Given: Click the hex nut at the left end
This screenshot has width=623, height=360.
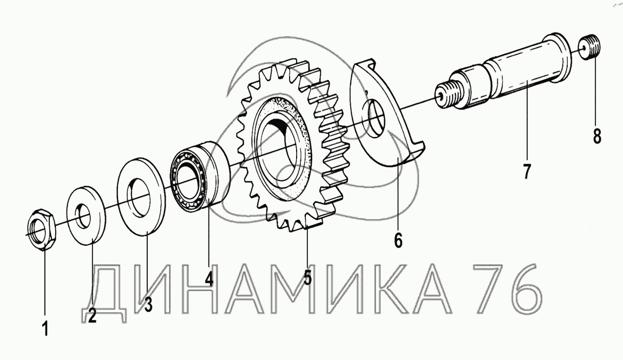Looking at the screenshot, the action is (x=43, y=229).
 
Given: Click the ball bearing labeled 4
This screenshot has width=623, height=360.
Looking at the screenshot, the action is (x=201, y=175).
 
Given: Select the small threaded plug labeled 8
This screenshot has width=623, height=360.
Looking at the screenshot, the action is (x=591, y=47).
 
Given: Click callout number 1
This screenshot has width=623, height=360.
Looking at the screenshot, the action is (x=45, y=329).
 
